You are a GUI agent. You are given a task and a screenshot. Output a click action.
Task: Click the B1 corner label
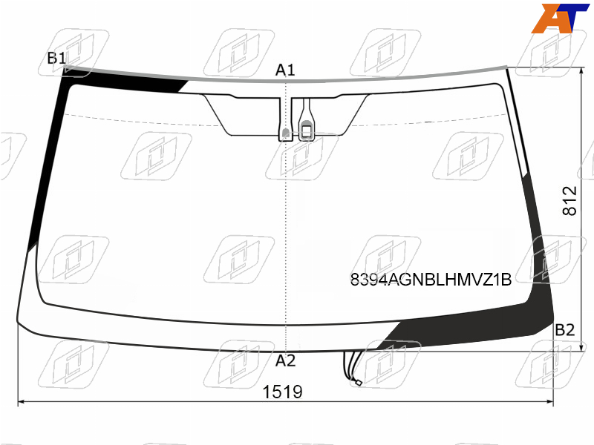(56, 59)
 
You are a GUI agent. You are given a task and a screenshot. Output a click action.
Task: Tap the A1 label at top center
(285, 70)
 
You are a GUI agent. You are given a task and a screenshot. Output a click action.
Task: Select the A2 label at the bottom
(285, 361)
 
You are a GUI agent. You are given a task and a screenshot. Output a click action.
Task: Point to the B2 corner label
(564, 330)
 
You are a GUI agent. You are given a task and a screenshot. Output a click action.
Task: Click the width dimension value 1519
(283, 392)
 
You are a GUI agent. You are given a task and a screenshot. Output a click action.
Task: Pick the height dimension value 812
(569, 200)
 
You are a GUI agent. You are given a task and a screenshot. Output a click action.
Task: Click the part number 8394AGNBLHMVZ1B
(431, 280)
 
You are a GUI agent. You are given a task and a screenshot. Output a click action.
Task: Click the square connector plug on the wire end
(357, 382)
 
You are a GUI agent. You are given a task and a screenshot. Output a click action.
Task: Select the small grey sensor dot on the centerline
(286, 133)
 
